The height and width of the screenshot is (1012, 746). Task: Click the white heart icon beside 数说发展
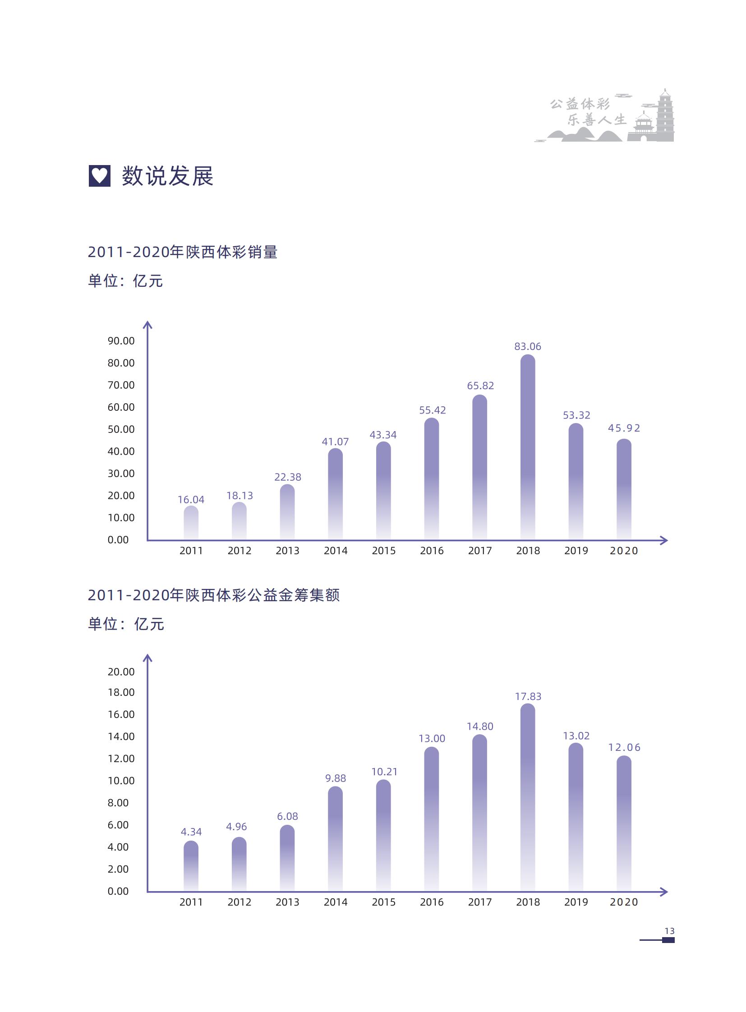(x=99, y=175)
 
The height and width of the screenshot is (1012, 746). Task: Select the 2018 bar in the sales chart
(x=527, y=447)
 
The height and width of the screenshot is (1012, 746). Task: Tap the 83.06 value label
(x=527, y=346)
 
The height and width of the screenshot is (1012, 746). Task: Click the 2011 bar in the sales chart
(x=191, y=523)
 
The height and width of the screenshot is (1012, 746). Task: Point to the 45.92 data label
(x=624, y=428)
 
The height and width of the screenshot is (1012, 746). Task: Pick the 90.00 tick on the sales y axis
(x=121, y=341)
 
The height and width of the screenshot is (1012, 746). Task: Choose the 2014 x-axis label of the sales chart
(x=336, y=551)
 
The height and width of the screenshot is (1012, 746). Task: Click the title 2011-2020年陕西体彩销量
(x=182, y=252)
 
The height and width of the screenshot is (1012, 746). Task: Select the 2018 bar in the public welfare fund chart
(x=527, y=797)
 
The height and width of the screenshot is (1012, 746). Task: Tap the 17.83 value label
(x=528, y=696)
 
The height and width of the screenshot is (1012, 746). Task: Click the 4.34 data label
(x=191, y=832)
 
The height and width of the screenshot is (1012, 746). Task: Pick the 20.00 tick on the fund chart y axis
(x=121, y=672)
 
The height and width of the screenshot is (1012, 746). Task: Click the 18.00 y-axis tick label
(x=121, y=693)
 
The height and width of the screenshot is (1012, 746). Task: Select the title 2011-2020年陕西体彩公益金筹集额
(x=214, y=595)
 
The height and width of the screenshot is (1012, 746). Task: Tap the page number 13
(x=669, y=931)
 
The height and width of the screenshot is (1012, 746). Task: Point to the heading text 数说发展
(x=167, y=176)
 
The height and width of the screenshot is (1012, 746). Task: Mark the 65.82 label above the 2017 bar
(x=480, y=386)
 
